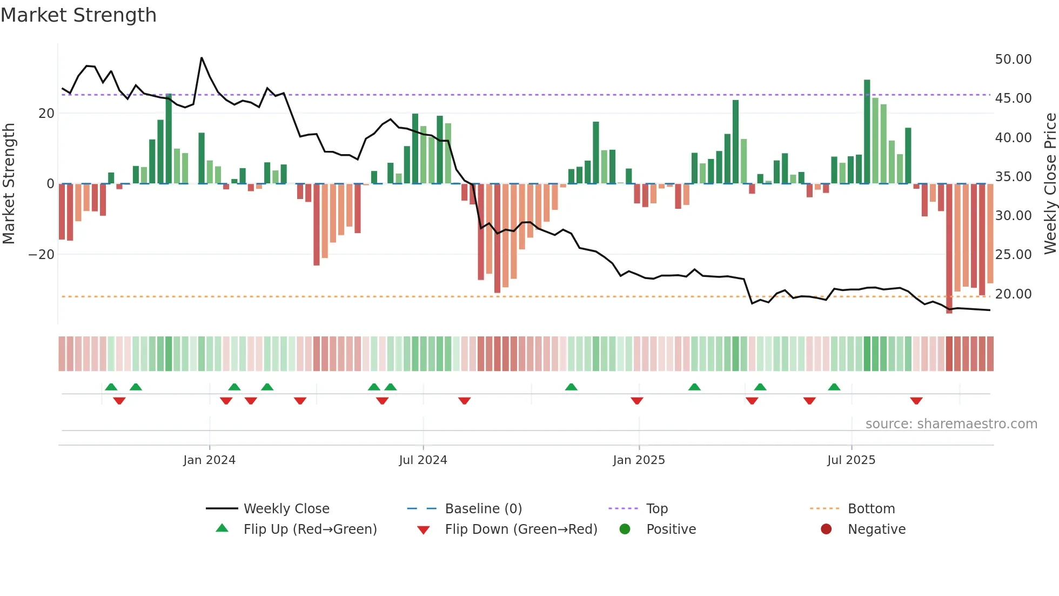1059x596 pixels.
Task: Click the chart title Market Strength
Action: click(x=79, y=15)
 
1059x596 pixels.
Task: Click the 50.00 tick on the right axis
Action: click(x=1013, y=59)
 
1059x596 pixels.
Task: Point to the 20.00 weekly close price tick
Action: click(x=1013, y=294)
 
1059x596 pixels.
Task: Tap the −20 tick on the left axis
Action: click(x=42, y=254)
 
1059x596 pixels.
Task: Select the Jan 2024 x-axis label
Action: click(x=209, y=460)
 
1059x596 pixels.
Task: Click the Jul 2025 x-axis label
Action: click(x=851, y=460)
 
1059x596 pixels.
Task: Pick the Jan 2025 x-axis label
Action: click(x=639, y=460)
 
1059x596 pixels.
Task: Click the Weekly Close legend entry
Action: click(x=286, y=508)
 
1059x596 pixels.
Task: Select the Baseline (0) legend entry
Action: click(x=483, y=508)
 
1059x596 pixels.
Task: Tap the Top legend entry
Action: click(x=657, y=508)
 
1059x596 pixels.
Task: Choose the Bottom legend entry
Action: click(x=871, y=508)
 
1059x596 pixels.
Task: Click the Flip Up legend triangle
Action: click(x=222, y=528)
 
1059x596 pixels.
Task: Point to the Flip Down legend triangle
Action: click(x=424, y=530)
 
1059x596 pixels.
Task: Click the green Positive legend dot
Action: click(x=625, y=529)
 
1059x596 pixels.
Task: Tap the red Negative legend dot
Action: click(x=826, y=529)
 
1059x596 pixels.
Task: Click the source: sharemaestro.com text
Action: click(x=951, y=423)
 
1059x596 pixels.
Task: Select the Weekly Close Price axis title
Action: click(x=1050, y=184)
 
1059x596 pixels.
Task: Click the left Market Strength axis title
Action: click(x=9, y=184)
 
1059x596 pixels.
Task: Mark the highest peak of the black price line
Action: click(x=202, y=58)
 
